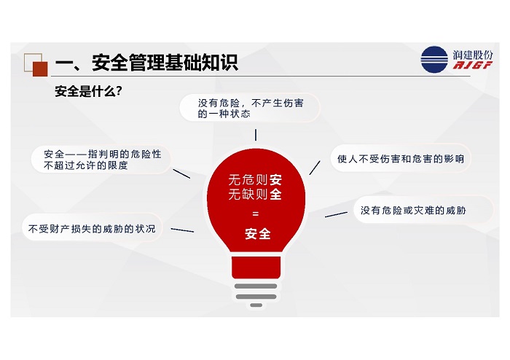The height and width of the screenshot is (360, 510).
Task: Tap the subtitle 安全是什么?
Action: pos(88,91)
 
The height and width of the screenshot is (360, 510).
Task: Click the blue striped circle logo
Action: pos(434,60)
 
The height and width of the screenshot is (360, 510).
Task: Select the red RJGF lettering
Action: pos(473,65)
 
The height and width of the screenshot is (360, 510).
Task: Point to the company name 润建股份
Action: pos(473,55)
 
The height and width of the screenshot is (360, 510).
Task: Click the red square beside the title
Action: pos(40,69)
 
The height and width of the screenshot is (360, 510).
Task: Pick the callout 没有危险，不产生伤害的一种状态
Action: pos(250,108)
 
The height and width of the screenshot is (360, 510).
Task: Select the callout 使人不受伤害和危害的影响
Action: pos(401,159)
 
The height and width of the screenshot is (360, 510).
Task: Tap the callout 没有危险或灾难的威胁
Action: pos(423,211)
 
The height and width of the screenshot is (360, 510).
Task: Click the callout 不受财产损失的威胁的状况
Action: pos(92,229)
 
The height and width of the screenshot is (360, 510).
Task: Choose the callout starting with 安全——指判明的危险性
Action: pos(101,160)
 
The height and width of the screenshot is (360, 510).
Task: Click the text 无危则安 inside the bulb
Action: pos(255,179)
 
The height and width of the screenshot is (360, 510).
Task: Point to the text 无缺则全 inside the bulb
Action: pos(255,194)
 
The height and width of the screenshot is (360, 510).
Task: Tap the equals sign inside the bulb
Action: pos(255,214)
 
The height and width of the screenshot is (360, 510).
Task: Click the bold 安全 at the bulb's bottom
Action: pos(258,234)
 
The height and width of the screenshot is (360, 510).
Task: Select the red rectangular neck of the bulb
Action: pos(256,267)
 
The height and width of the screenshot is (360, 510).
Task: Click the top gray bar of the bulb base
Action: pos(256,286)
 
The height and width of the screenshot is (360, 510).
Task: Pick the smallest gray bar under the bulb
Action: pos(256,305)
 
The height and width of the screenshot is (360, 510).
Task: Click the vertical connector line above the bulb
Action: pos(256,135)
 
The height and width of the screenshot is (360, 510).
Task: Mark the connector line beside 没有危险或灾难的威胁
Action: pos(336,214)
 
